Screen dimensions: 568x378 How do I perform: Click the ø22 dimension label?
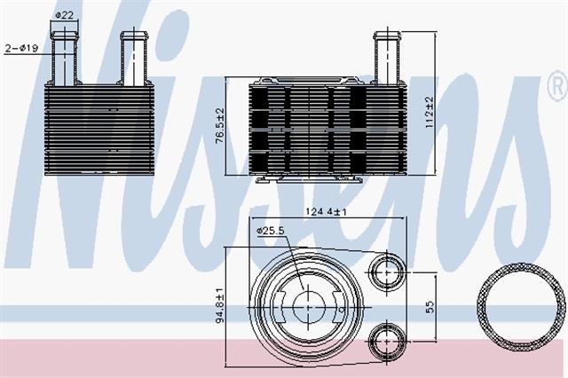[x=65, y=15]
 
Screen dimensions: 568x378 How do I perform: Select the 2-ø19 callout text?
[x=21, y=47]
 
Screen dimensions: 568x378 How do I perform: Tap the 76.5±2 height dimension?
[x=220, y=126]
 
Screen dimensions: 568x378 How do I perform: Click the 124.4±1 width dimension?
[x=326, y=211]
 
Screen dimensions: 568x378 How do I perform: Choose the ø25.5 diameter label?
[x=271, y=231]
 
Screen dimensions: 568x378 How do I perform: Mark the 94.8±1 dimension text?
[x=220, y=305]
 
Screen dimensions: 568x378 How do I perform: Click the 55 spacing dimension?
[x=430, y=307]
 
